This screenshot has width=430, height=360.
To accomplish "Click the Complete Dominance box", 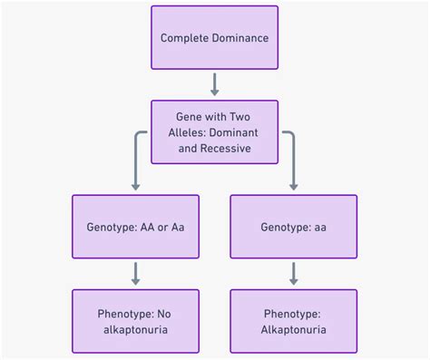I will coord(214,37).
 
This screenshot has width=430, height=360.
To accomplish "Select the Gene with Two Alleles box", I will coord(214,131).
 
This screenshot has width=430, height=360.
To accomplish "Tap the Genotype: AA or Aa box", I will coord(135,226).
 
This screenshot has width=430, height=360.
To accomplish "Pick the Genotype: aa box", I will coord(293,226).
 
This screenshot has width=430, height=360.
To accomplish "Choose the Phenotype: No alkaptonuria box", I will coord(135,321).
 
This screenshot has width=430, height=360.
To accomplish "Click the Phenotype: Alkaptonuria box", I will coord(293,321).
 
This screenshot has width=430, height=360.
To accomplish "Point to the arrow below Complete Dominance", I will coord(214,84).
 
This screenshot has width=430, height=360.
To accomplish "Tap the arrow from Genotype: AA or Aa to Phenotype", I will coord(135,273).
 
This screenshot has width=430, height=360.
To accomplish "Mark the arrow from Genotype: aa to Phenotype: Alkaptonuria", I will coord(293,273).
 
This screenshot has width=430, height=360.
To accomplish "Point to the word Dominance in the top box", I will coord(240,38).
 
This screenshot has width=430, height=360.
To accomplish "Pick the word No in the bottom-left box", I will coord(164,314).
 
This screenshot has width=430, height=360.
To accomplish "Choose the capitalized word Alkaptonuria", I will coord(293,330).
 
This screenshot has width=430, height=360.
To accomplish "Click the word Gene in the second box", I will coord(190,117).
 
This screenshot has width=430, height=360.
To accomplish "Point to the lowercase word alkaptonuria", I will coord(135,330).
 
